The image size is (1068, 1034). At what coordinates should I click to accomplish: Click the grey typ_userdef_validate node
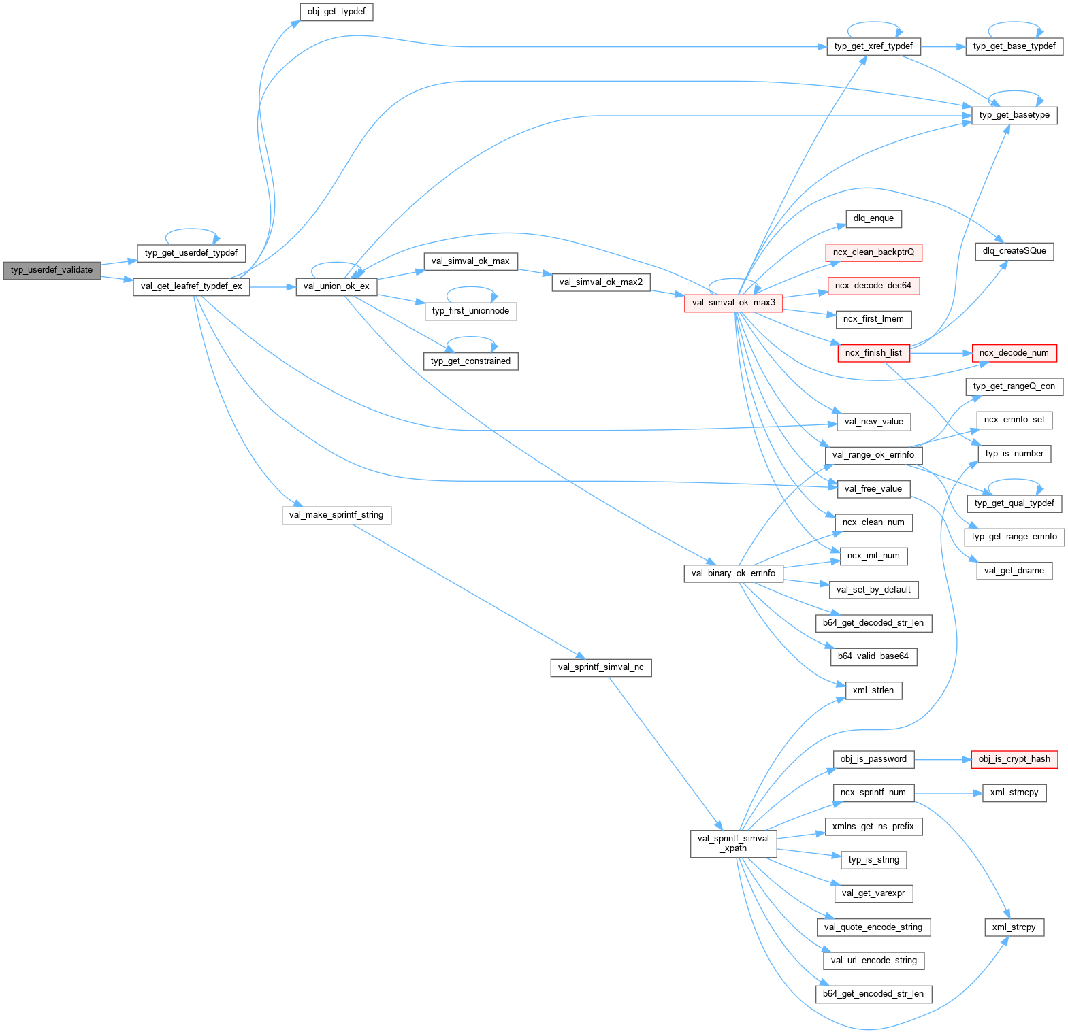point(52,270)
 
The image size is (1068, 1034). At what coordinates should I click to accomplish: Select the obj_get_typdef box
point(336,12)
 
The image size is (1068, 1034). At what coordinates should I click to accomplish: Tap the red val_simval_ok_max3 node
point(733,303)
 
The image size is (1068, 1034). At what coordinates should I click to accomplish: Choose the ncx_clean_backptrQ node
point(873,252)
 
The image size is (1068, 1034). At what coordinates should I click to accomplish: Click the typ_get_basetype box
point(1014,115)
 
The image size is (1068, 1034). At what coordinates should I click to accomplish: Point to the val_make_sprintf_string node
point(336,515)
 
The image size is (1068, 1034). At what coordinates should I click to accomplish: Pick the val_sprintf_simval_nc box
point(600,667)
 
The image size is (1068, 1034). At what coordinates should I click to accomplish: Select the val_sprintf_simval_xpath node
point(733,844)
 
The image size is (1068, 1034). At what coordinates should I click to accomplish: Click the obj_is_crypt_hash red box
point(1014,759)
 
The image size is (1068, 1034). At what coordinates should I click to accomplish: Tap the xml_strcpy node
point(1014,927)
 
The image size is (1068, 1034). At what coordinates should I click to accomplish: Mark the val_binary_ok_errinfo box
point(733,573)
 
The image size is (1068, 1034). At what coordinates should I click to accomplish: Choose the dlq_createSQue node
point(1014,251)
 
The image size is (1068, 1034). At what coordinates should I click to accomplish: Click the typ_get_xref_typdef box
point(873,46)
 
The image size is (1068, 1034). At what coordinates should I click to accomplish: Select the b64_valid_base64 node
point(873,656)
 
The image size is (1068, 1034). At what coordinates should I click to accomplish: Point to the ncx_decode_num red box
point(1014,353)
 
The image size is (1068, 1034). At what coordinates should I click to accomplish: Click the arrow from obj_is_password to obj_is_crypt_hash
point(942,759)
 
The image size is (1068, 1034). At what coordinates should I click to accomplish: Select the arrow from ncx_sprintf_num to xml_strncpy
point(948,793)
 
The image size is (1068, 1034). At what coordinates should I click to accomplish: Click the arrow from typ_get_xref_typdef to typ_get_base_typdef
point(943,47)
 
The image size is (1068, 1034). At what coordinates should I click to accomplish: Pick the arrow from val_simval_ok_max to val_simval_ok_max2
point(535,271)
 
